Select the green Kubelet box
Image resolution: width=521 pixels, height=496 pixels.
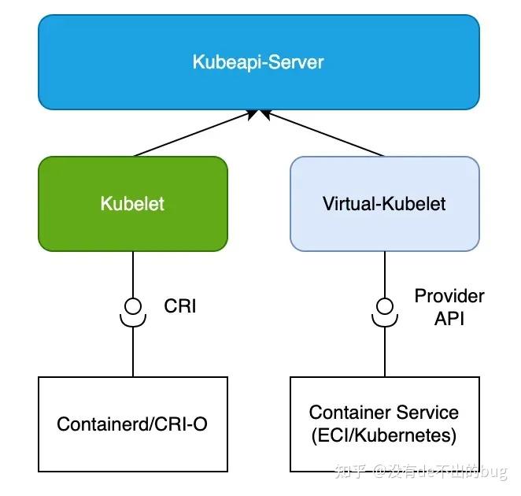[x=132, y=204]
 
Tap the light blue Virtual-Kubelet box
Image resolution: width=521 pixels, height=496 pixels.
[x=384, y=204]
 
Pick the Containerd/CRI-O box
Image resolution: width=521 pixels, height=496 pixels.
[x=132, y=424]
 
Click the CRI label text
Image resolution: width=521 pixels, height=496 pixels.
[x=180, y=305]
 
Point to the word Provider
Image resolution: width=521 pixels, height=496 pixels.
[x=449, y=296]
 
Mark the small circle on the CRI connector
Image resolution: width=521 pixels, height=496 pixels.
[x=133, y=305]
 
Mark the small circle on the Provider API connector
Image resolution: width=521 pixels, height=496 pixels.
[x=385, y=305]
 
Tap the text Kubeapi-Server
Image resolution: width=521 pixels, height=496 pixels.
[x=258, y=61]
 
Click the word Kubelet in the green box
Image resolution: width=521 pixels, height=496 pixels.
[x=132, y=204]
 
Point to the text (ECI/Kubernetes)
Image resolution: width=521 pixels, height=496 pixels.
[x=383, y=435]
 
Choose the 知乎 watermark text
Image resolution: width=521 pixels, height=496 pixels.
[x=351, y=472]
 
